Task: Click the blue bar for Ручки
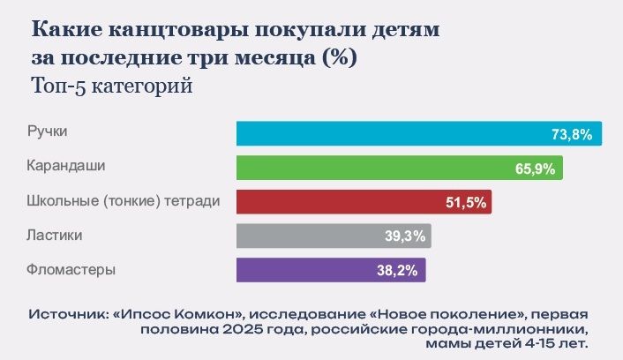pos(388,133)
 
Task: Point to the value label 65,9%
pos(536,169)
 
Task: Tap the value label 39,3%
pos(405,236)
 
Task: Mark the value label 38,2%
pos(399,270)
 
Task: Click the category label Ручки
pos(48,131)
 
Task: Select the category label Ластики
pos(54,236)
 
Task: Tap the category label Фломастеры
pos(71,269)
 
